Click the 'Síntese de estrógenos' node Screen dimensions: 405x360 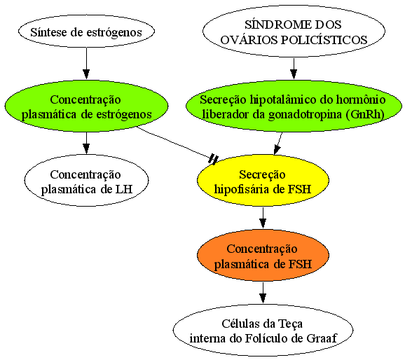pos(86,32)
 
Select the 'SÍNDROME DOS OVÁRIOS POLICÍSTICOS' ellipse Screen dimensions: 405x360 pos(294,31)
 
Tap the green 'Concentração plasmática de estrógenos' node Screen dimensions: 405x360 pos(86,106)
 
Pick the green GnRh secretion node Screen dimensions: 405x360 pos(294,106)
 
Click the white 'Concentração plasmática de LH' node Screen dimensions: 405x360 pos(86,180)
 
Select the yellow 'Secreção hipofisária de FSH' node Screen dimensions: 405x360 pos(263,180)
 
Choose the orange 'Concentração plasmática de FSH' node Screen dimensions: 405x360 pos(263,255)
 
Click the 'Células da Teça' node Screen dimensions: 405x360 pos(263,330)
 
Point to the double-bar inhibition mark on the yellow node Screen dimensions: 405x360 pos(213,159)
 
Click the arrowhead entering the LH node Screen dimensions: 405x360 pos(86,149)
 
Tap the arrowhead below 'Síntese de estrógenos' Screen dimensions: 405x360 pos(86,74)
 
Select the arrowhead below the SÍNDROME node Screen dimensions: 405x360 pos(294,74)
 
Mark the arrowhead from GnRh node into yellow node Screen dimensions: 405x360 pos(277,150)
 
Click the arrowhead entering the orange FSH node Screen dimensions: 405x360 pos(263,223)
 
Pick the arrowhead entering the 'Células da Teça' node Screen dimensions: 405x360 pos(263,298)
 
